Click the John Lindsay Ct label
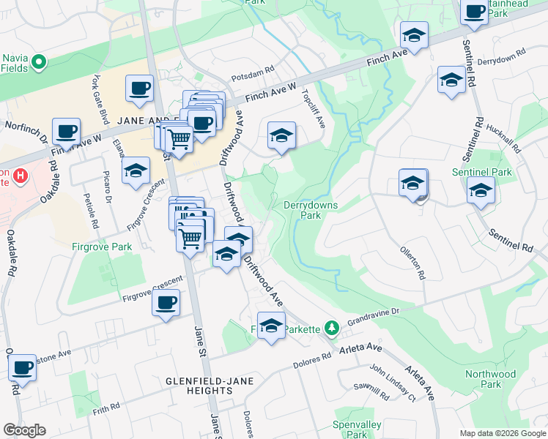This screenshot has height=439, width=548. pos(392,383)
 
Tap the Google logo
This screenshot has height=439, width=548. pos(25,430)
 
